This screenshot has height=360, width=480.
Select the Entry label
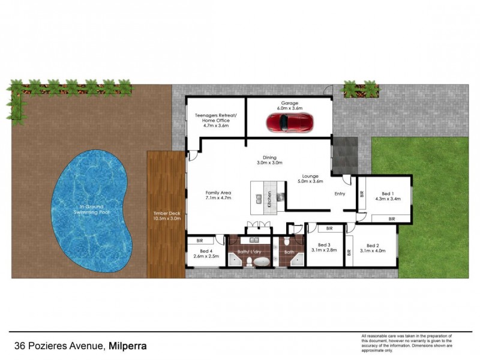[340, 194]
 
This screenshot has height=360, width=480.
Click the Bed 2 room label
[373, 248]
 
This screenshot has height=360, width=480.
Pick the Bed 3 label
[325, 247]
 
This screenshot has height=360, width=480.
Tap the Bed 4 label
[206, 253]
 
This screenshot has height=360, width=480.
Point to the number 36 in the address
[20, 346]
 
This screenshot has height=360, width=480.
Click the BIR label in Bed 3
[329, 229]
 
